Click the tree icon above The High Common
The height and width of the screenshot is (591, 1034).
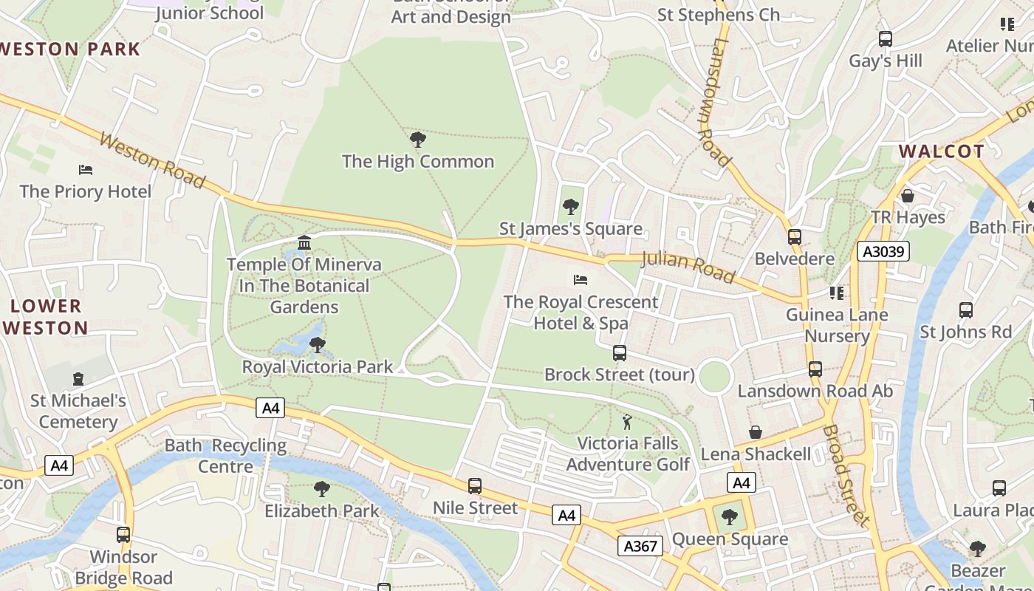tap(417, 139)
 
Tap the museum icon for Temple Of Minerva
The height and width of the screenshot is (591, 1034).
tap(304, 242)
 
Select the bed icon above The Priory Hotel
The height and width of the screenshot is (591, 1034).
tap(86, 170)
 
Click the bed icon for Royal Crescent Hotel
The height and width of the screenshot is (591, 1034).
tap(581, 280)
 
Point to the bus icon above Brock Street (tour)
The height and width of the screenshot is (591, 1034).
tap(620, 353)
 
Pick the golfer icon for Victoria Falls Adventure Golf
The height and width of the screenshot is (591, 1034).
tap(628, 422)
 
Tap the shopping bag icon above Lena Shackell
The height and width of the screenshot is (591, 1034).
tap(756, 432)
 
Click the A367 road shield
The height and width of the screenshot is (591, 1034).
tap(640, 546)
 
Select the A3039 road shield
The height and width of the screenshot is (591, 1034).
tap(883, 251)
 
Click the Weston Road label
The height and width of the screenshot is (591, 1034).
tap(151, 160)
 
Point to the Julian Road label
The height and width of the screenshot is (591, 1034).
tap(688, 267)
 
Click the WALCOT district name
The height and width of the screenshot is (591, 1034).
tap(941, 151)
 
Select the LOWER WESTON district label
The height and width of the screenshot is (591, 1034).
tap(46, 317)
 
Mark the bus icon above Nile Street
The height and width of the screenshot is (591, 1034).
tap(475, 486)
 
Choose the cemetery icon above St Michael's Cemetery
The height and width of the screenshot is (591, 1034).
tap(78, 379)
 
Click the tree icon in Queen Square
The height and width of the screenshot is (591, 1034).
tap(730, 517)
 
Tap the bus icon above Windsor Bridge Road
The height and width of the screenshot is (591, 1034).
tap(123, 535)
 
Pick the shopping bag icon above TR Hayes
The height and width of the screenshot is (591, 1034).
tap(908, 196)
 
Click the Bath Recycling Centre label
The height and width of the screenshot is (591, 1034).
tap(225, 456)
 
